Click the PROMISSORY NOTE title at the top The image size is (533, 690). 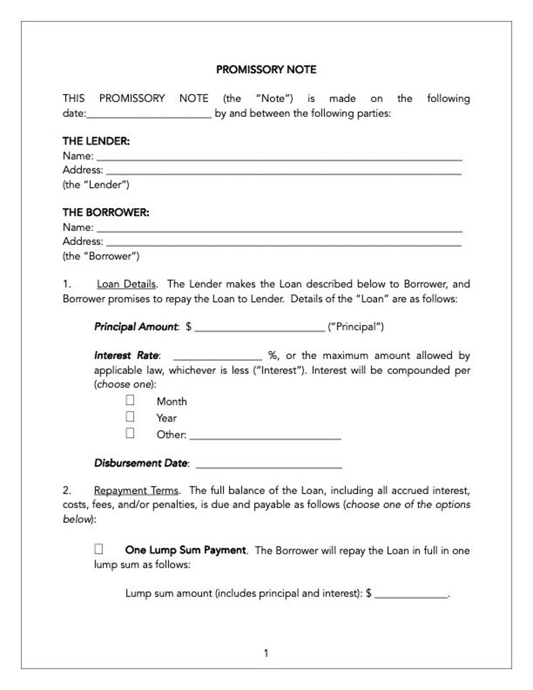(x=266, y=69)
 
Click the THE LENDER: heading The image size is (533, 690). (x=96, y=141)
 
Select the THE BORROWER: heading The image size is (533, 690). (x=105, y=212)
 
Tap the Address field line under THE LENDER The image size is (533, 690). (x=283, y=172)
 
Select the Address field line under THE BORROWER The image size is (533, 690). (x=283, y=244)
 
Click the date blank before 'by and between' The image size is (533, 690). (x=149, y=115)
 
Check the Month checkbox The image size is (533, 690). (x=130, y=400)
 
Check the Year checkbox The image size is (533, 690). (x=130, y=417)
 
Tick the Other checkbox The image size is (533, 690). (x=130, y=433)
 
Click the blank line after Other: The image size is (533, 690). (x=266, y=437)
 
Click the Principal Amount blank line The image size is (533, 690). (x=259, y=330)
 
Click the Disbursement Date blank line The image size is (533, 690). (x=269, y=466)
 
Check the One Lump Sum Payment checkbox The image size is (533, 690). (x=99, y=549)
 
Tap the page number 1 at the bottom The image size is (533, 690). (x=266, y=652)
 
